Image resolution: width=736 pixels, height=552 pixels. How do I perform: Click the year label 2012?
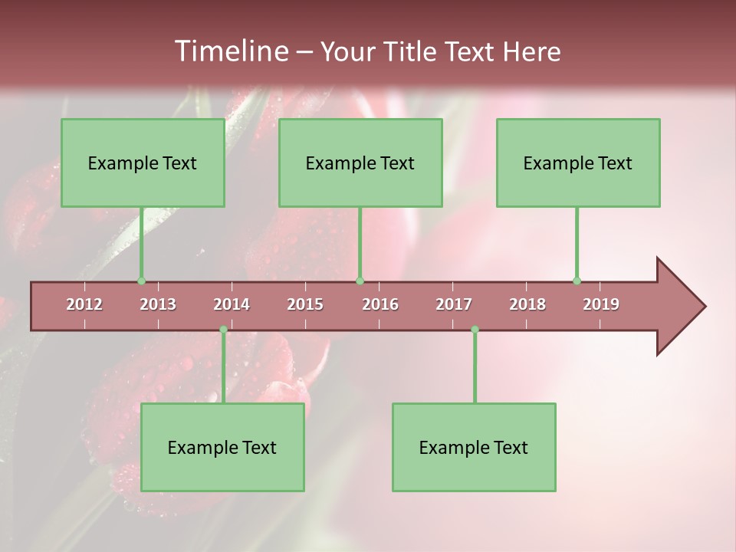click(x=84, y=304)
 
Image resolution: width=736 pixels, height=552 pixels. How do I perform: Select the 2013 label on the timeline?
click(x=158, y=304)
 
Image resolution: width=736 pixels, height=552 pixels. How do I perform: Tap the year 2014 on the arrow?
click(x=232, y=304)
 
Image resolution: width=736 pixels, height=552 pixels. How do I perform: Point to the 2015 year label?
click(x=305, y=304)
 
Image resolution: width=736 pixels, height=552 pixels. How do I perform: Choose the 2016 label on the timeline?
click(x=380, y=304)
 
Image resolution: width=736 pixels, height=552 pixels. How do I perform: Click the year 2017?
click(x=454, y=304)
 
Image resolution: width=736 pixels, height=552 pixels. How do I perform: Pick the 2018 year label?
click(x=527, y=304)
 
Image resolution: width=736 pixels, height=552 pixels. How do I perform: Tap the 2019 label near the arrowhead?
click(x=601, y=304)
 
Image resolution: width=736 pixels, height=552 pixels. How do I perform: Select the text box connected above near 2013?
click(x=143, y=163)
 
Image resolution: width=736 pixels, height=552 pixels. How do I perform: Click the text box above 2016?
click(x=360, y=163)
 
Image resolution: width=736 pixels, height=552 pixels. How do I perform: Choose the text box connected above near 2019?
click(x=578, y=163)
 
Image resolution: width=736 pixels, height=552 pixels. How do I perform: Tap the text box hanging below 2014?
click(x=222, y=447)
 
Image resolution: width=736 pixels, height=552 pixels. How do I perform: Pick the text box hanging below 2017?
click(x=474, y=447)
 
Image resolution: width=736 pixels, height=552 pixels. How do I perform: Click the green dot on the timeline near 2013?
click(x=141, y=281)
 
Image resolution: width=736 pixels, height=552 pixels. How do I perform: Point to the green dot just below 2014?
click(x=223, y=330)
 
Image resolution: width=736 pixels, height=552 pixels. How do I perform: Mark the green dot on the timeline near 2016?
click(x=360, y=281)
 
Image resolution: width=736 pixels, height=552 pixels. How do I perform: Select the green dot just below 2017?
click(x=475, y=330)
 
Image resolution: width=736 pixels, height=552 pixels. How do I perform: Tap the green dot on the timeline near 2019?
click(x=577, y=281)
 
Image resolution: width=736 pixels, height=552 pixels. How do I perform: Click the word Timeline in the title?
click(x=230, y=51)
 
